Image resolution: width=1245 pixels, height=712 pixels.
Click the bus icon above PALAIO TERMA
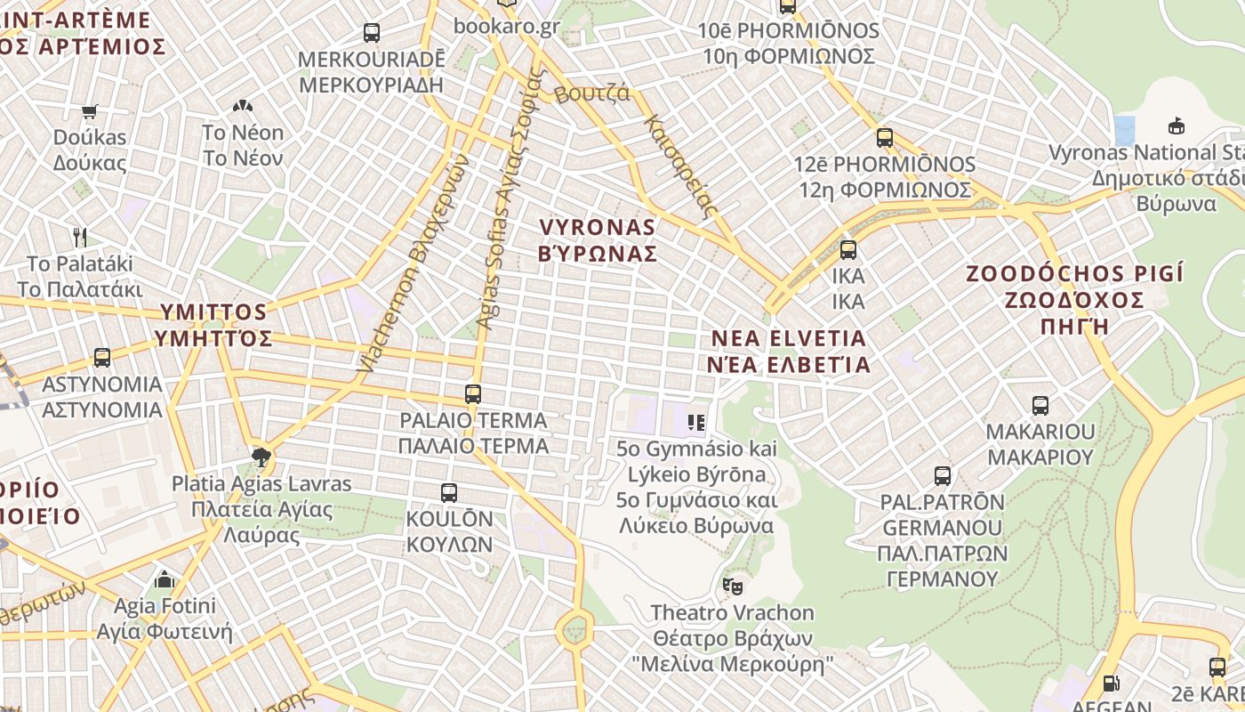tap(473, 393)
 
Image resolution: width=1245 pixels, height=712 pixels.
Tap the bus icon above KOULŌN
tap(449, 492)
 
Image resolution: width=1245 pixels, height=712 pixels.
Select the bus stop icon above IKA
tap(848, 250)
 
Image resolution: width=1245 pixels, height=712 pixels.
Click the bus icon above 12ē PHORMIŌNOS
tap(884, 138)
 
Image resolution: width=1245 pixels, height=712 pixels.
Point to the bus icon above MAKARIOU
tap(1040, 406)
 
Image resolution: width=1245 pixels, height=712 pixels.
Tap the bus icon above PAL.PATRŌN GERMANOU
tap(943, 476)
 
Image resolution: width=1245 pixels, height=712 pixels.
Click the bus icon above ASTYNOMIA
tap(102, 358)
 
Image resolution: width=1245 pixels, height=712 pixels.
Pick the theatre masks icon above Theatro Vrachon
tap(732, 586)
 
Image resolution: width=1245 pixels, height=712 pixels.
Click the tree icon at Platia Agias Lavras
tap(261, 457)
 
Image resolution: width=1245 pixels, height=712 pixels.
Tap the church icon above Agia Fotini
tap(165, 579)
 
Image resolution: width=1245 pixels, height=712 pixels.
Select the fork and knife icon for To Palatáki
tap(80, 237)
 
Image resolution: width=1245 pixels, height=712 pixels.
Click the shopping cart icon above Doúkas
tap(89, 112)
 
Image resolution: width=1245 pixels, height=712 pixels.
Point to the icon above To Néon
tap(242, 106)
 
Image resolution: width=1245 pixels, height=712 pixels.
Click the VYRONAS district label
tap(598, 240)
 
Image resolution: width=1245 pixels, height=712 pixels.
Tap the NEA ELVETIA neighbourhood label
tap(789, 351)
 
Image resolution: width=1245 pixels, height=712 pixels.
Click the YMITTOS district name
tap(213, 325)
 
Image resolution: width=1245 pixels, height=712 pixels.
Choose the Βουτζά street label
tap(591, 93)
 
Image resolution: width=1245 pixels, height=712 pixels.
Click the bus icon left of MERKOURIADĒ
tap(372, 33)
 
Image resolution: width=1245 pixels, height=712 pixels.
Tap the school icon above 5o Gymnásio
tap(696, 422)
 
